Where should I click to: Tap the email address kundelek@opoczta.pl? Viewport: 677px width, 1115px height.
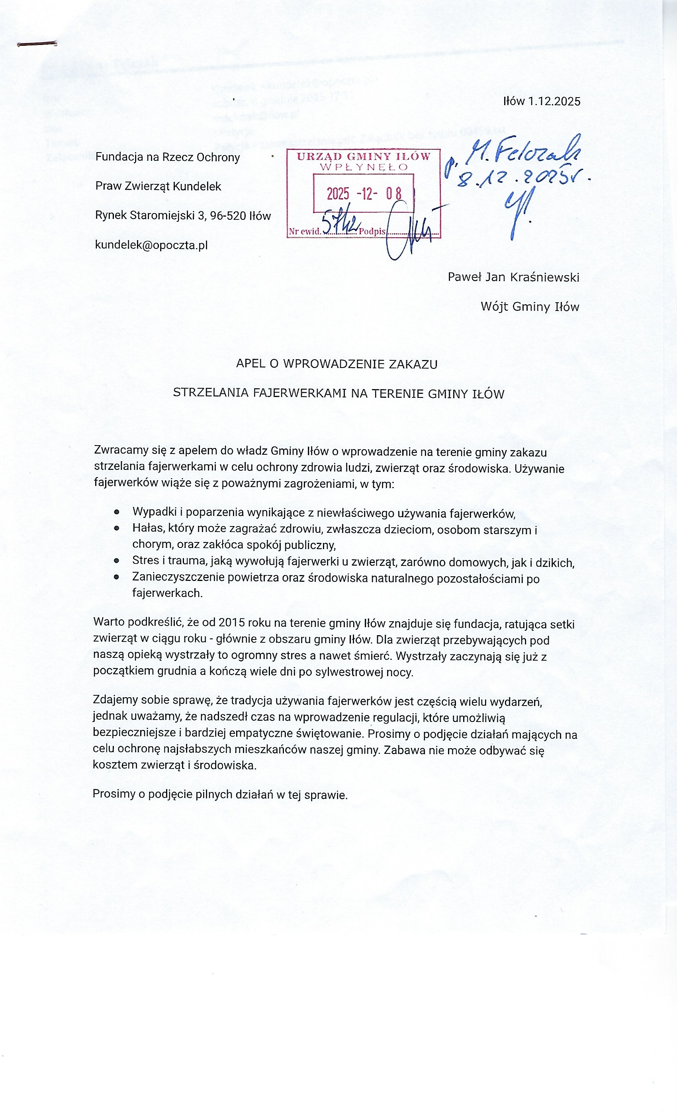tap(151, 245)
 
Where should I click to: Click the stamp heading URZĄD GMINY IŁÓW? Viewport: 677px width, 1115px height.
tap(363, 156)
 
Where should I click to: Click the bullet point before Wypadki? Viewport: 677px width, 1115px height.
tap(117, 512)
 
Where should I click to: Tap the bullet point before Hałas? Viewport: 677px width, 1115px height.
tap(117, 528)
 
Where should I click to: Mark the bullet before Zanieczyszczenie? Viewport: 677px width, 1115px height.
tap(117, 577)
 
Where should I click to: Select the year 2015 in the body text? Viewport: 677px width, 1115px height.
tap(232, 623)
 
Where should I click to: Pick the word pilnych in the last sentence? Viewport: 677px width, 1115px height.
tap(213, 794)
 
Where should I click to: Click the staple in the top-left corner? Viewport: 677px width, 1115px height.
tap(37, 44)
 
